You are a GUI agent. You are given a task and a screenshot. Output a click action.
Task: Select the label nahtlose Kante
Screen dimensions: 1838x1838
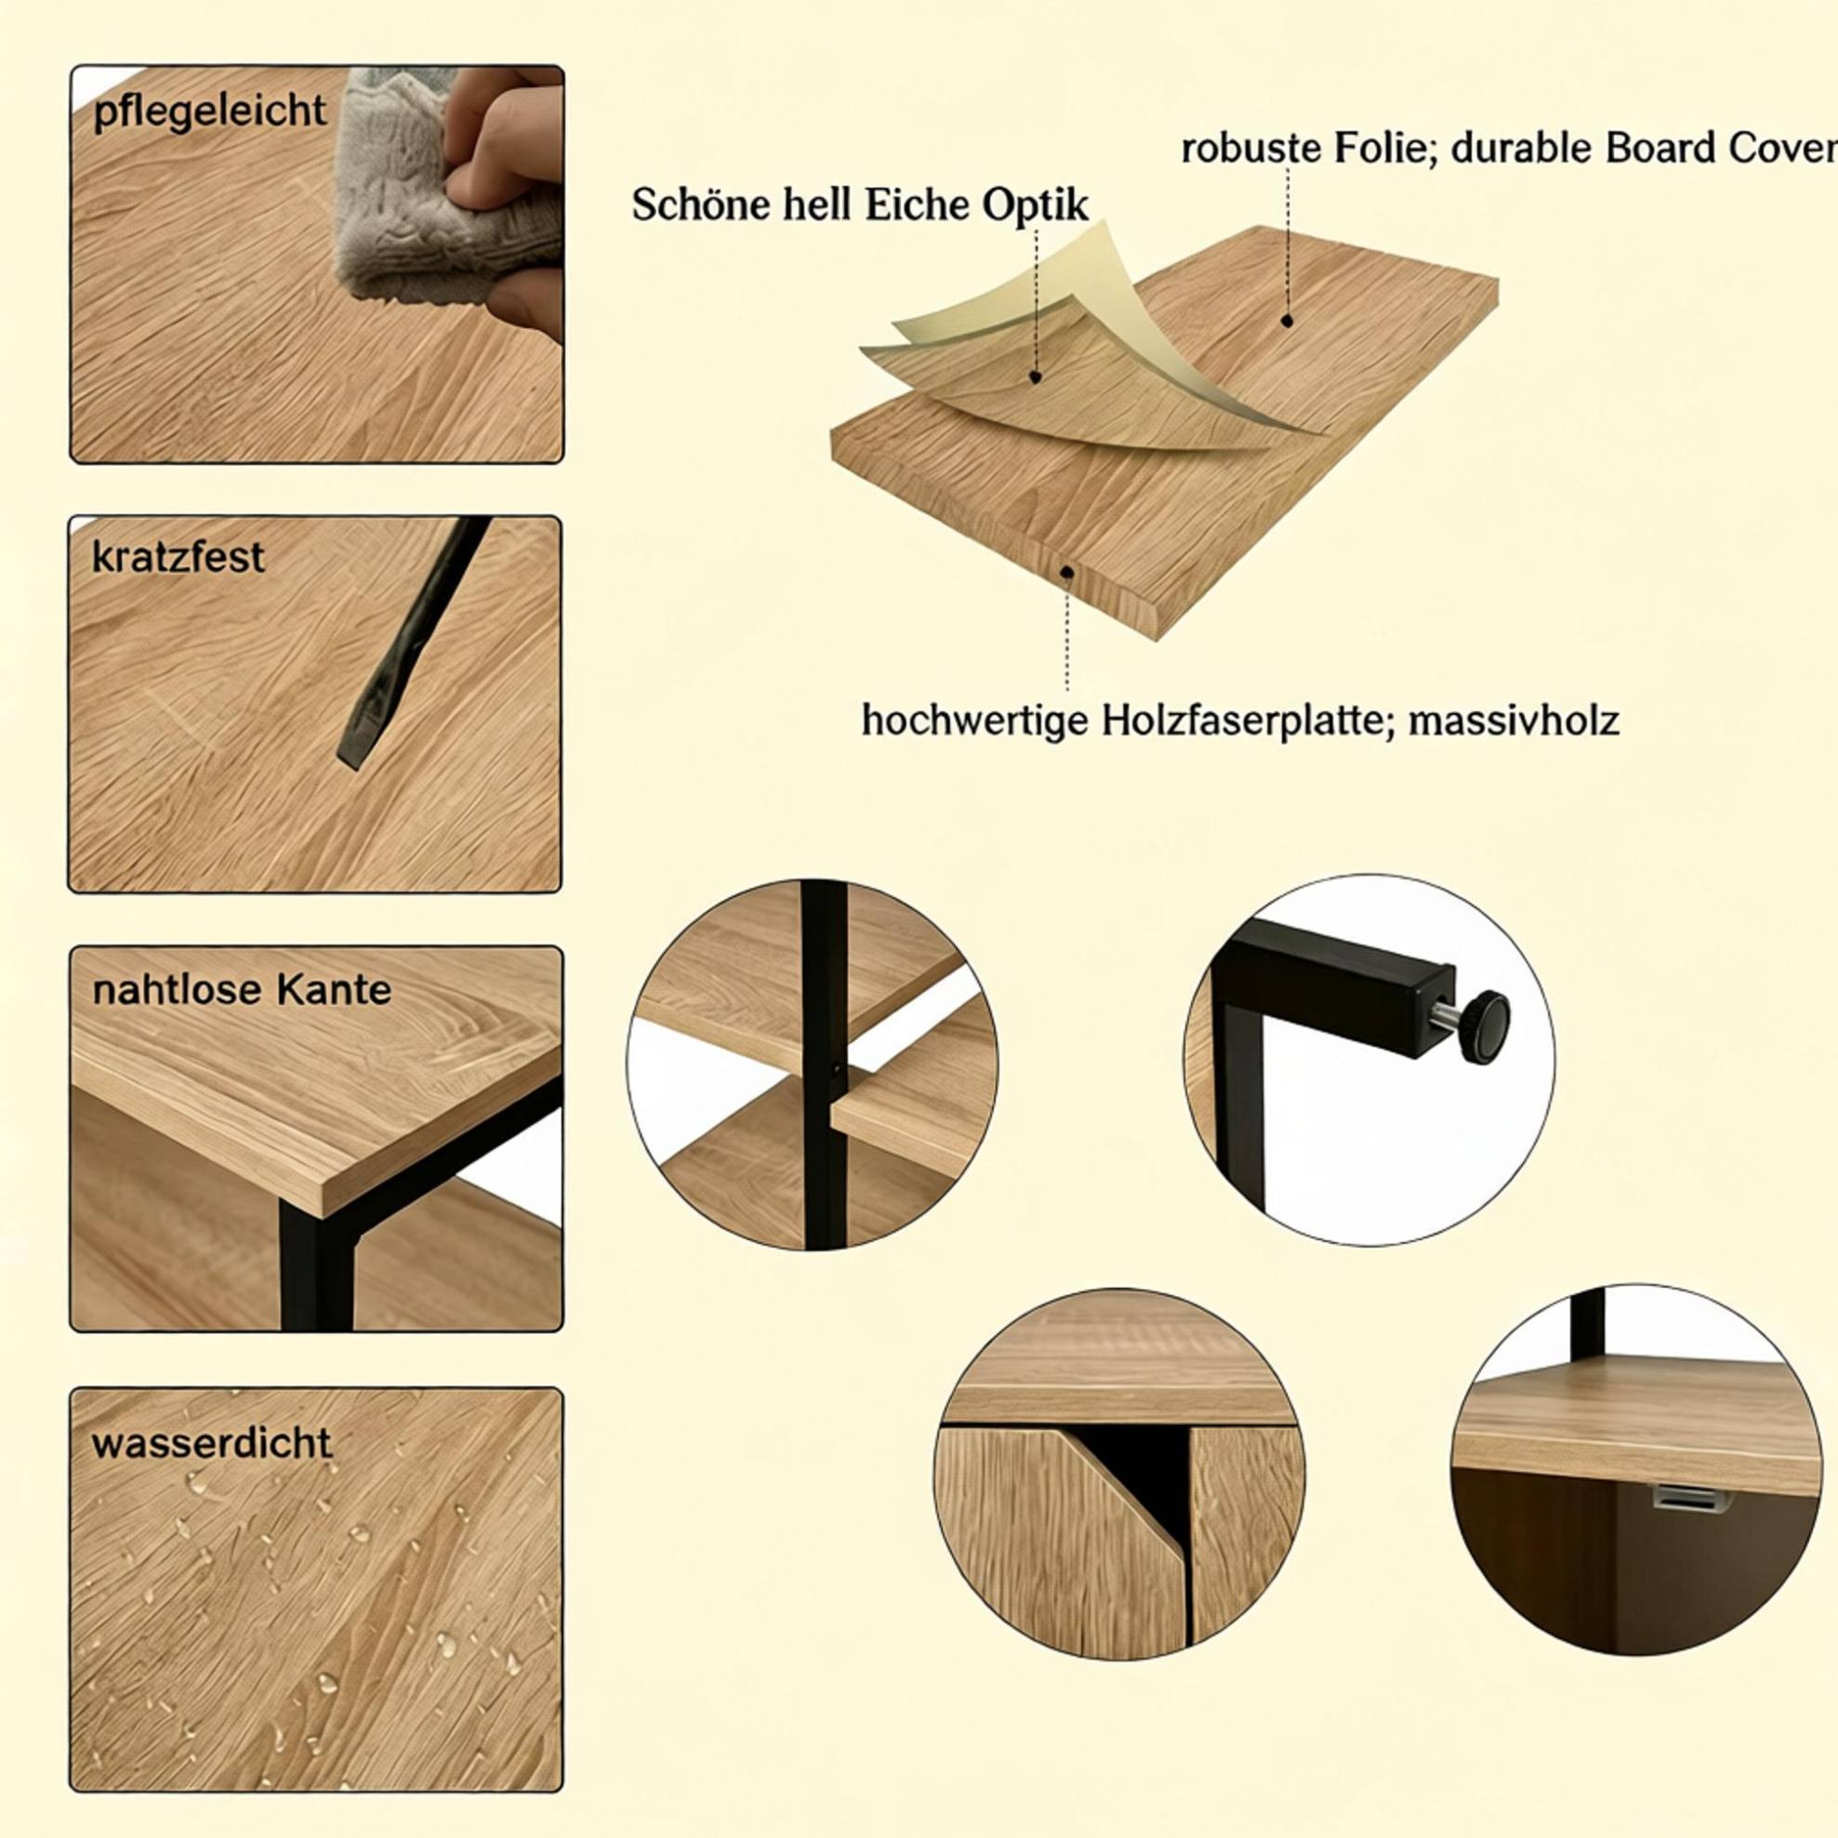coord(242,990)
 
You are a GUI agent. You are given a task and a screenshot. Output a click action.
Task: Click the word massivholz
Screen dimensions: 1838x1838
coord(1514,721)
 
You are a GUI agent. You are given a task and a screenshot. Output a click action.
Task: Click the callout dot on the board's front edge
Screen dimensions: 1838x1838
coord(1067,573)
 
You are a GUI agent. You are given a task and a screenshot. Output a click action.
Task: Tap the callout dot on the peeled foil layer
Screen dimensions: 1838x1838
coord(1036,377)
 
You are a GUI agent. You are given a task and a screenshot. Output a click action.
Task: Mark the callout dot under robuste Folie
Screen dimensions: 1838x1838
coord(1288,322)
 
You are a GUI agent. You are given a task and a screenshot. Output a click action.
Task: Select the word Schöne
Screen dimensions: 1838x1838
coord(701,205)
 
